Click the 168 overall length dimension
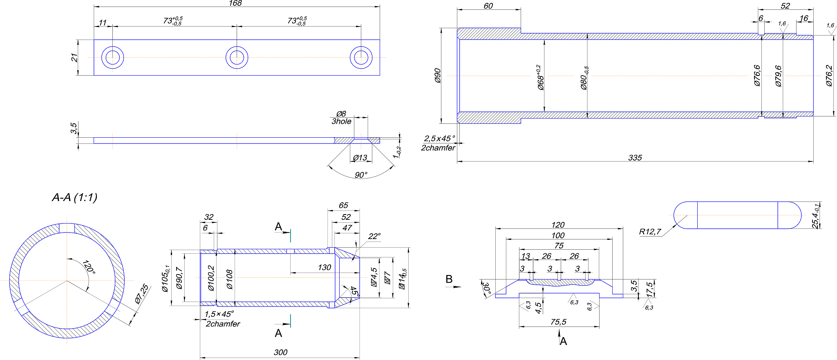click(235, 3)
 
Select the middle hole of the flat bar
click(237, 57)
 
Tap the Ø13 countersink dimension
click(360, 158)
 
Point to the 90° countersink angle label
click(361, 175)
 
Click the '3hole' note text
click(341, 121)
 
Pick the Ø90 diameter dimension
click(438, 76)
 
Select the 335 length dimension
click(635, 158)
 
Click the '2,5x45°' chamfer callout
click(439, 139)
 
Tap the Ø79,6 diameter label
click(778, 76)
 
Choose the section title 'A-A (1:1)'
click(75, 198)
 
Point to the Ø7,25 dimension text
click(142, 294)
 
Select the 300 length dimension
click(281, 352)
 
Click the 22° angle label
click(374, 236)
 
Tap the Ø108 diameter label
click(229, 280)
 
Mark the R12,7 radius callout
click(650, 232)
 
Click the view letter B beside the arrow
click(449, 279)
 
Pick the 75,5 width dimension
click(558, 322)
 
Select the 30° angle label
click(486, 288)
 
